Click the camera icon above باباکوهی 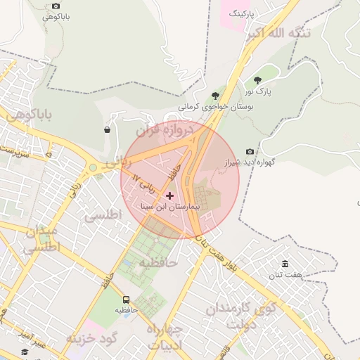[56, 6]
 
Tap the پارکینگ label [241, 14]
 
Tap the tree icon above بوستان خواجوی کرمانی [214, 96]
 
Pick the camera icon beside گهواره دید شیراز [250, 151]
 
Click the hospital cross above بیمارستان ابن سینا [169, 195]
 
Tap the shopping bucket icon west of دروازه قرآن [107, 129]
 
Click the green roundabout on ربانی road [93, 168]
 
